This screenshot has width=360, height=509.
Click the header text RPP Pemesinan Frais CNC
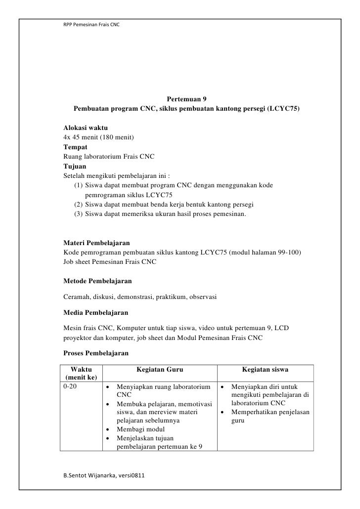(x=91, y=25)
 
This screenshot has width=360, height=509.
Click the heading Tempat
(x=76, y=147)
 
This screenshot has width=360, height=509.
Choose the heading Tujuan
(x=75, y=166)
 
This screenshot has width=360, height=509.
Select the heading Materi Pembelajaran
(x=97, y=243)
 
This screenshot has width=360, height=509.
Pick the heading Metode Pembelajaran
(x=97, y=281)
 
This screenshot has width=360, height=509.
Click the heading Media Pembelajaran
(x=96, y=313)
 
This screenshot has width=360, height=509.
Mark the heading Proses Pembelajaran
(x=96, y=353)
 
